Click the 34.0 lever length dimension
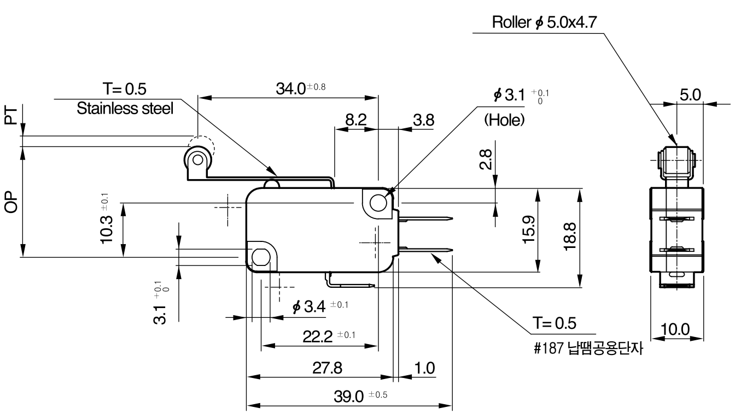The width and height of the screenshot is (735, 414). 301,88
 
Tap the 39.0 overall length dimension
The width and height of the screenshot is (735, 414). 360,397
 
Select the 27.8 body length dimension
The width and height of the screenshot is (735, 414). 327,368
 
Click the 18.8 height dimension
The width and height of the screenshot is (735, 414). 570,236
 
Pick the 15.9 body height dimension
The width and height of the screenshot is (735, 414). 529,229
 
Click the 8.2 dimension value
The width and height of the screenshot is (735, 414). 355,120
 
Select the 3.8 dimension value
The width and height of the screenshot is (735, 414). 424,120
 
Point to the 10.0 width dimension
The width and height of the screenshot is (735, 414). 675,329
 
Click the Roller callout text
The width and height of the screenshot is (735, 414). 544,22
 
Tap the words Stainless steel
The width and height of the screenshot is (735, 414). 125,109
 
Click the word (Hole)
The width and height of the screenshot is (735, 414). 504,120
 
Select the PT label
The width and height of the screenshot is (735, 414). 11,115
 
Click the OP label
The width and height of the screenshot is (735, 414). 11,202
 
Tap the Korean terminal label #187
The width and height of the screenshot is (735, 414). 588,348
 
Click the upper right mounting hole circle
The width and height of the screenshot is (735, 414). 378,203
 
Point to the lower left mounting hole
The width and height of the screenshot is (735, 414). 261,258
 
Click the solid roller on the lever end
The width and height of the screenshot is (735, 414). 197,159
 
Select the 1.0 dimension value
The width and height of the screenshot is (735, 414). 425,368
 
